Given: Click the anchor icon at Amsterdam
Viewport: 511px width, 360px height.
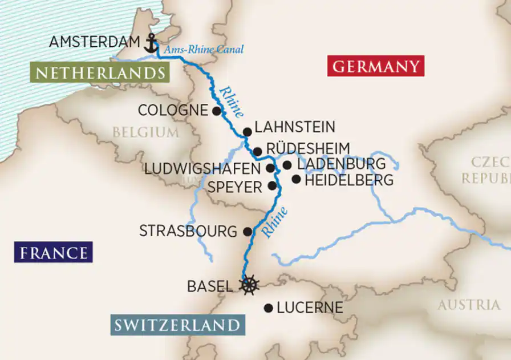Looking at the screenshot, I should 151,43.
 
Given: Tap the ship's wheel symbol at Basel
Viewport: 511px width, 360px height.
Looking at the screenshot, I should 249,285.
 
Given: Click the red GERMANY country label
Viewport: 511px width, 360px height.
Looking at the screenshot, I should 376,67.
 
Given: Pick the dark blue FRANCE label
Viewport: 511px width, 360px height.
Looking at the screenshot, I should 54,253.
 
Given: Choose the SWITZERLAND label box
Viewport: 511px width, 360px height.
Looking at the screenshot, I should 176,326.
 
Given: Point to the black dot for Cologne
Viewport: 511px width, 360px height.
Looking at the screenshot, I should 216,111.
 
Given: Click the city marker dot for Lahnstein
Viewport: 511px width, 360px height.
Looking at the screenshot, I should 247,132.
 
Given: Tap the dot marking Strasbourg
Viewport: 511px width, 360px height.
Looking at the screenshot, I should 248,232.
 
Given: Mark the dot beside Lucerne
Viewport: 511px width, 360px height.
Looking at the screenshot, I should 268,308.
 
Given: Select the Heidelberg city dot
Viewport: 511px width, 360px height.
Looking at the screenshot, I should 296,180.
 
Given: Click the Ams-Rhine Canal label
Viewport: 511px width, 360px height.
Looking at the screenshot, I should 204,50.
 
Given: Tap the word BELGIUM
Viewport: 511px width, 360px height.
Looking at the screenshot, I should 145,132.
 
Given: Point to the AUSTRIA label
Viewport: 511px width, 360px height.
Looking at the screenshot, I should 468,305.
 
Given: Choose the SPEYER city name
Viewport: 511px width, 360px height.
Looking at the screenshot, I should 234,187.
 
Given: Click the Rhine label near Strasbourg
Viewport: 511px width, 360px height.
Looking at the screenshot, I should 275,221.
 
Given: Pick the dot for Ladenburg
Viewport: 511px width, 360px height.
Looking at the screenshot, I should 287,165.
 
